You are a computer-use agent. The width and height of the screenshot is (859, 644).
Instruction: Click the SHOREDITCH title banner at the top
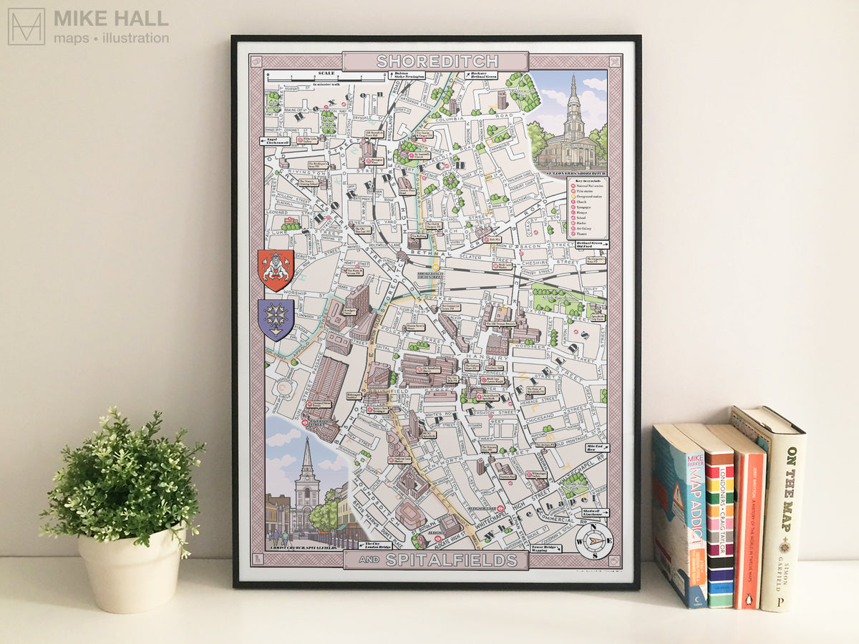pos(435,61)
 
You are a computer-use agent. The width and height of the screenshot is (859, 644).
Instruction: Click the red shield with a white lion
pos(276,270)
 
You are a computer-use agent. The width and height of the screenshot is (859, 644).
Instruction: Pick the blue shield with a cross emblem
pos(276,319)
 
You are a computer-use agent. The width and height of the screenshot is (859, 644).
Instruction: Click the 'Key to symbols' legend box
pos(587,208)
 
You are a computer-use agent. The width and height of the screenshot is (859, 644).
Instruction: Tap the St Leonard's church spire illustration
pos(573,107)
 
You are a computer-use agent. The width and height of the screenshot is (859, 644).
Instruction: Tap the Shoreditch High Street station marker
pos(434,268)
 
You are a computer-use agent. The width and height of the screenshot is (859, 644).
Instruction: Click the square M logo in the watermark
pos(26,26)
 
